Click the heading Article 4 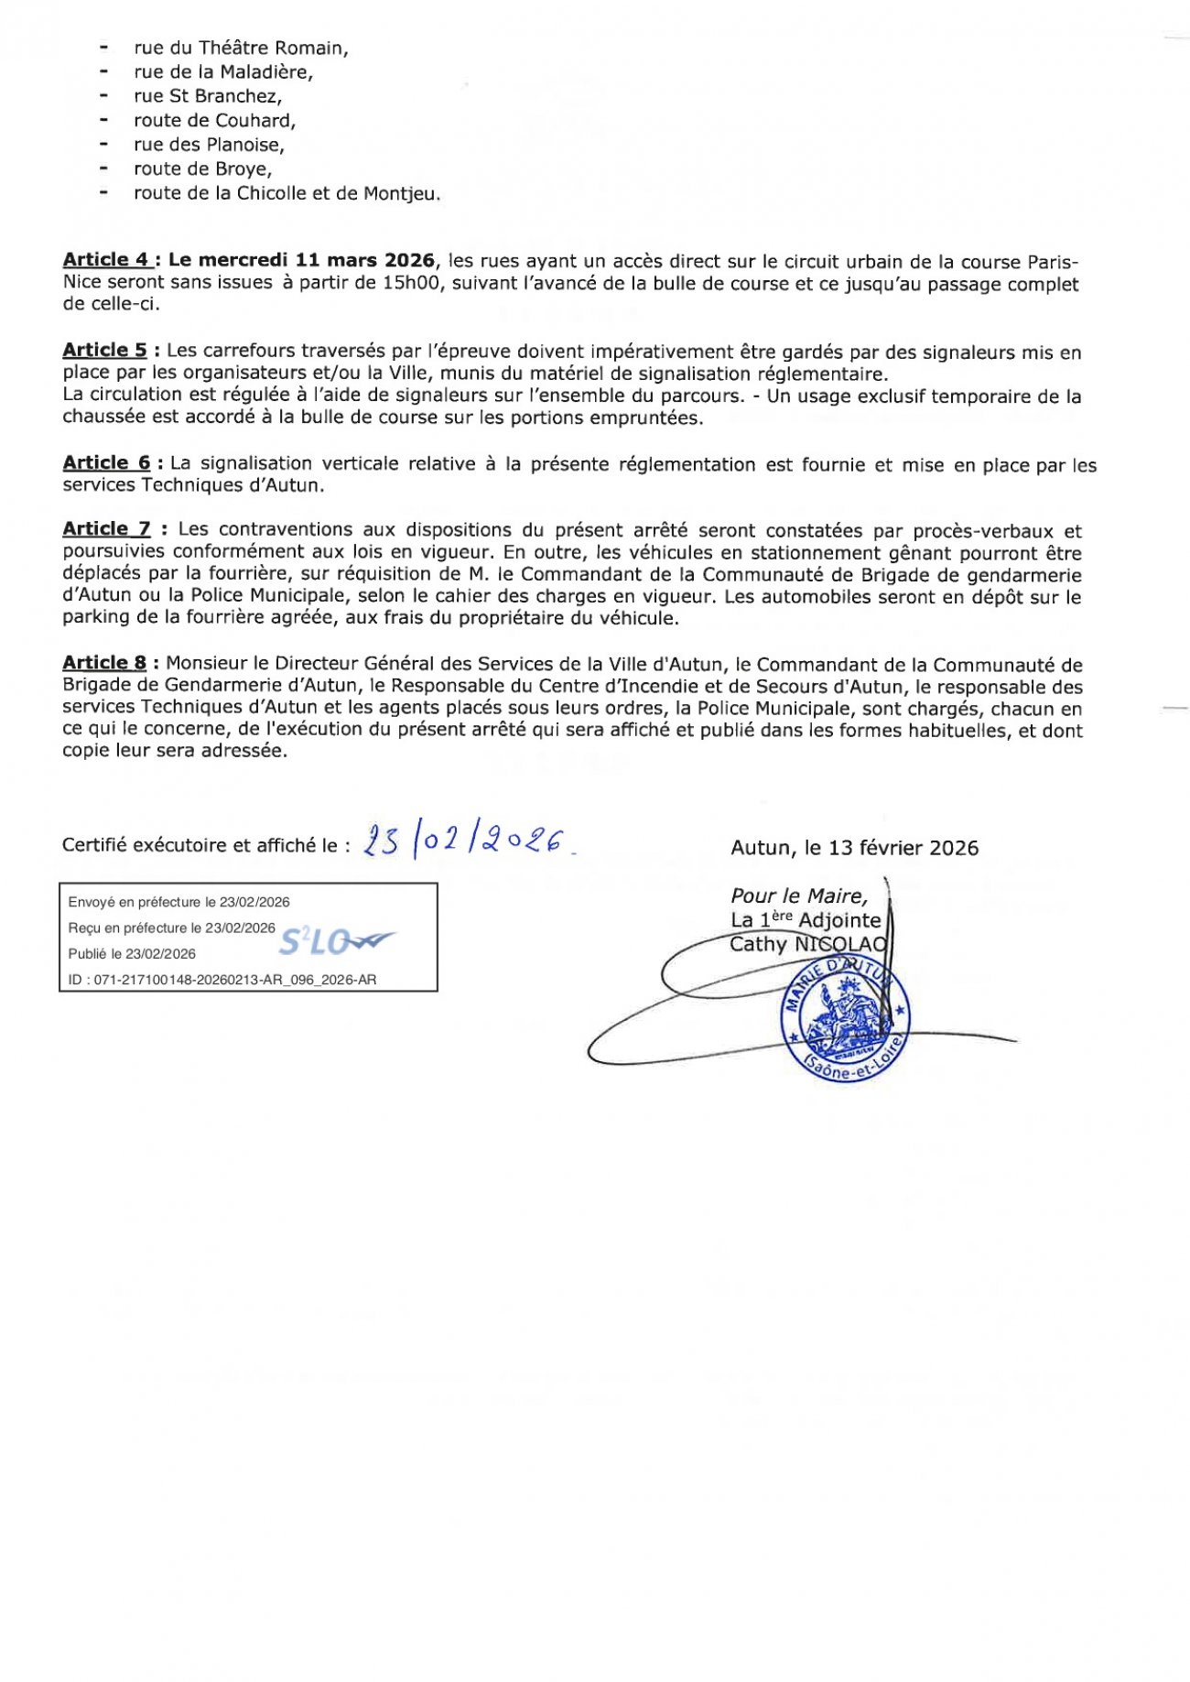[x=105, y=261]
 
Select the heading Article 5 [x=104, y=350]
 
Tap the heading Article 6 [x=106, y=463]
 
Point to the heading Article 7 [x=106, y=529]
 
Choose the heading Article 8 [x=104, y=663]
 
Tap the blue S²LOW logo [x=335, y=940]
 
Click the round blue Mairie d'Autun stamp [x=844, y=1016]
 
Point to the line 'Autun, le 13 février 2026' [x=854, y=848]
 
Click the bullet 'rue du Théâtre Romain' [x=241, y=48]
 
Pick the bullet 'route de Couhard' [x=214, y=121]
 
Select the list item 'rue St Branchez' [x=208, y=96]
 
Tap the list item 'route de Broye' [x=202, y=169]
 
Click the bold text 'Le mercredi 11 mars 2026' [x=301, y=261]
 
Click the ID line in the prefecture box [x=222, y=980]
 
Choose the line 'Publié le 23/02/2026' [x=132, y=954]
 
